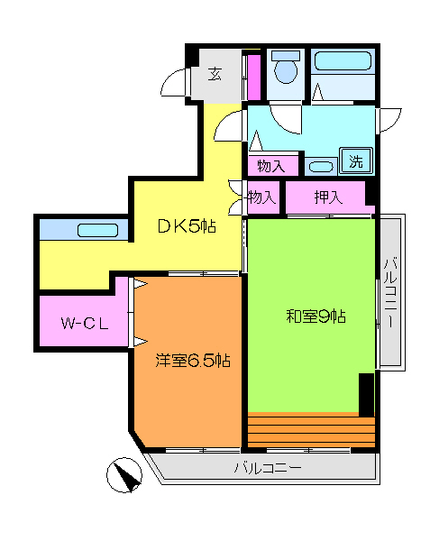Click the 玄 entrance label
click(215, 75)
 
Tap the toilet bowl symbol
click(287, 68)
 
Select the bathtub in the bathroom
click(343, 63)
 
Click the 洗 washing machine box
click(356, 162)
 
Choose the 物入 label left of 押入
click(261, 197)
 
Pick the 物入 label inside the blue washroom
click(270, 166)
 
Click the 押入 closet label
click(326, 197)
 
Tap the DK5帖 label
click(187, 226)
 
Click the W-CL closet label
click(85, 324)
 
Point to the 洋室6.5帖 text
click(192, 361)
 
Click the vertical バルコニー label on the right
click(390, 293)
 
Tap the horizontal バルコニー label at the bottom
click(268, 468)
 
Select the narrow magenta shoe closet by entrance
click(254, 77)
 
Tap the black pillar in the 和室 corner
click(366, 394)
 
